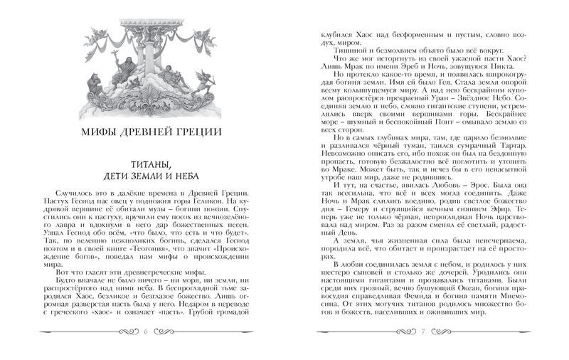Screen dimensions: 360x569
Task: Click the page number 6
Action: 145,332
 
